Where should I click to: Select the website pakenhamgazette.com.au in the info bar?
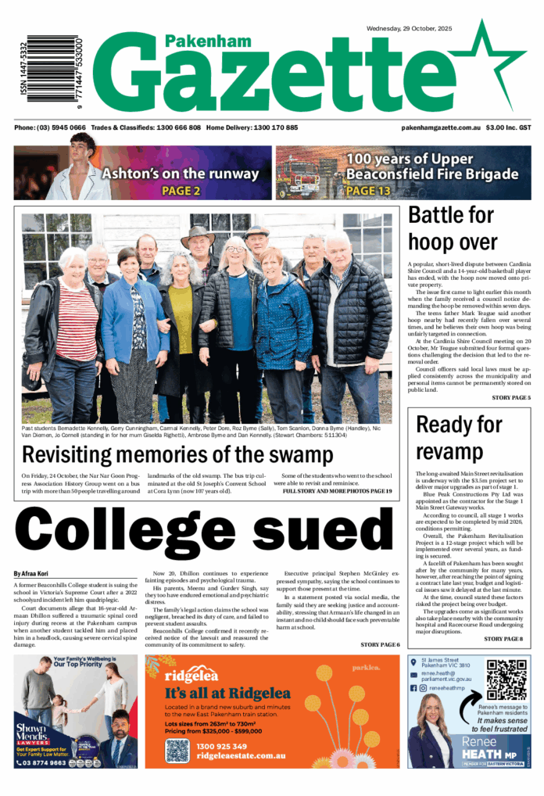click(440, 127)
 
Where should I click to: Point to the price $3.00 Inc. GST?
click(508, 127)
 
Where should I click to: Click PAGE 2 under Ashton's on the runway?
click(181, 190)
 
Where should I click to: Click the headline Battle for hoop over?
click(452, 228)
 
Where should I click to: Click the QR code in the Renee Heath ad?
click(507, 681)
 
